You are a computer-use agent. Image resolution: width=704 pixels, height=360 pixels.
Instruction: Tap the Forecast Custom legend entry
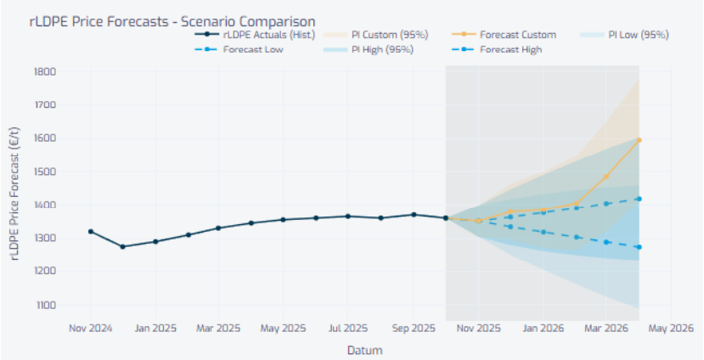click(x=517, y=35)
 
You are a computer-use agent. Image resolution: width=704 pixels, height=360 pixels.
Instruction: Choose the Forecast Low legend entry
click(x=252, y=49)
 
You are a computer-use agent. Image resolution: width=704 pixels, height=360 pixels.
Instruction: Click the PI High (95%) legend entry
click(x=381, y=49)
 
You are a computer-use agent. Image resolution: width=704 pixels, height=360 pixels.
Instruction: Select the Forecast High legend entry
click(x=510, y=49)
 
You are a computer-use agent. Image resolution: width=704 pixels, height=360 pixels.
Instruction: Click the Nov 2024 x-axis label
click(x=91, y=328)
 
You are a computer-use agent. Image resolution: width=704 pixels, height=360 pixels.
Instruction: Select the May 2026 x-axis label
click(x=671, y=328)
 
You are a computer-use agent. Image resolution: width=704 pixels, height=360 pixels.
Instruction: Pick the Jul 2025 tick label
click(x=347, y=328)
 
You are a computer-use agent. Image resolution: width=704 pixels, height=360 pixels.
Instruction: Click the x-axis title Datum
click(x=364, y=350)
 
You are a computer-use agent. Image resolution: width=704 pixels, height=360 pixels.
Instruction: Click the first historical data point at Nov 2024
click(x=91, y=231)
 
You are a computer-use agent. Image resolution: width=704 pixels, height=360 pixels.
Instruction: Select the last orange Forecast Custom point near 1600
click(x=639, y=140)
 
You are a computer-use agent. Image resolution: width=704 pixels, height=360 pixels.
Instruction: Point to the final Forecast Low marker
click(x=639, y=247)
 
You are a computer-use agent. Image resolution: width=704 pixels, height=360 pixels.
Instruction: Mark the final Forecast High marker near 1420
click(x=639, y=199)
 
